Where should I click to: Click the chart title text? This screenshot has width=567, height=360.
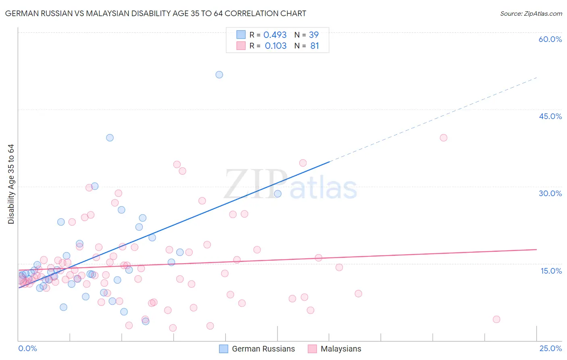156,13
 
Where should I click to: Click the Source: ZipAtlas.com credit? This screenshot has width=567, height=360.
531,13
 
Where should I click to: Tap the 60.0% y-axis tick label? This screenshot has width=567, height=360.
550,39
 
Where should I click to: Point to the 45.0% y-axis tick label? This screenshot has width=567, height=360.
550,116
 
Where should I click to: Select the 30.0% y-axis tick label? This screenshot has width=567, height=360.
550,193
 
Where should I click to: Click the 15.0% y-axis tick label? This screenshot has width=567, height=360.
551,271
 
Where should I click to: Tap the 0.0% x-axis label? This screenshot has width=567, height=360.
27,349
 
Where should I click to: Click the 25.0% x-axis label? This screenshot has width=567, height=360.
550,349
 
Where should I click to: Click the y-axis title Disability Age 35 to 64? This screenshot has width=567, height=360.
11,184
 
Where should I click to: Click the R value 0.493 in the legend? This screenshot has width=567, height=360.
275,35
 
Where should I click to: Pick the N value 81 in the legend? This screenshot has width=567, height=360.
315,46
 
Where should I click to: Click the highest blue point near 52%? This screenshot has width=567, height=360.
219,75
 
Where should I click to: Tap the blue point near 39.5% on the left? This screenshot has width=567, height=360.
110,138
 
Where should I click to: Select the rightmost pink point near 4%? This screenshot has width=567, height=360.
496,319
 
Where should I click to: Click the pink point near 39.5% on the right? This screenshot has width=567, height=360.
444,138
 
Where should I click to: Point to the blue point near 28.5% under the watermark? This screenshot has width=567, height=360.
277,194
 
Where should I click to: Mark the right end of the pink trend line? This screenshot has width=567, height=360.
536,249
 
